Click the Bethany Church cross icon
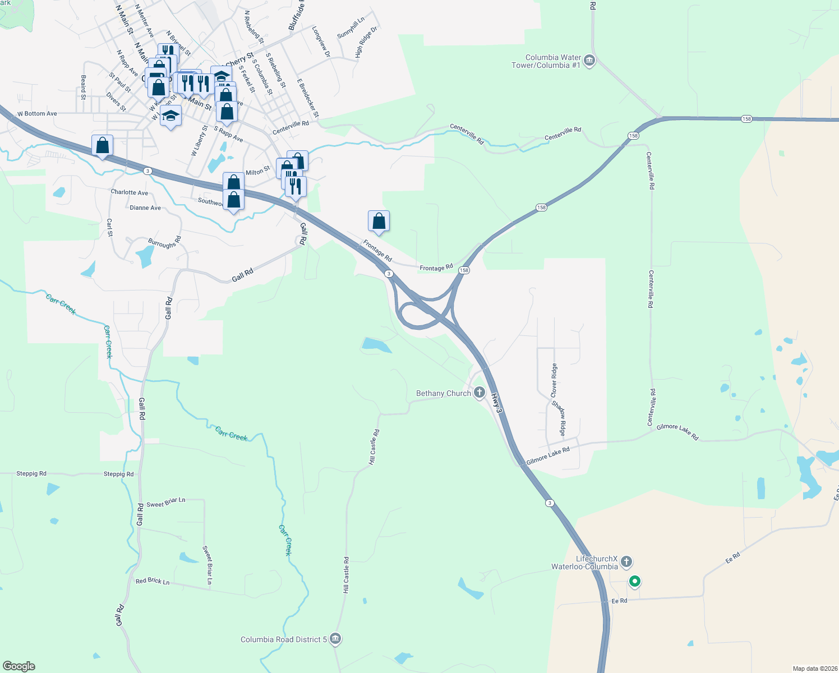click(x=480, y=393)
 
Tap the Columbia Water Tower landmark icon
click(x=589, y=61)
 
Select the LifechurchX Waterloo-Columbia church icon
click(x=626, y=561)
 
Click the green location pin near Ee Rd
click(x=634, y=582)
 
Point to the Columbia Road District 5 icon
click(x=335, y=639)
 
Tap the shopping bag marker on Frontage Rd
click(x=379, y=222)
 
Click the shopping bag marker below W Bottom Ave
click(x=103, y=146)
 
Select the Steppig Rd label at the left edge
click(x=31, y=473)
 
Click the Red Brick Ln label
click(x=153, y=581)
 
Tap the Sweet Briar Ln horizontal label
click(x=165, y=503)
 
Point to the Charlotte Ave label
click(x=130, y=192)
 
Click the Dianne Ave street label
click(x=145, y=208)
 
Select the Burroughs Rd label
click(x=165, y=243)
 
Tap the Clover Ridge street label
click(x=554, y=379)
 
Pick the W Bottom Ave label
click(x=37, y=113)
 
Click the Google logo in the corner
click(x=19, y=666)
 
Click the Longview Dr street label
click(x=321, y=42)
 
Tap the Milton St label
click(x=257, y=171)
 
